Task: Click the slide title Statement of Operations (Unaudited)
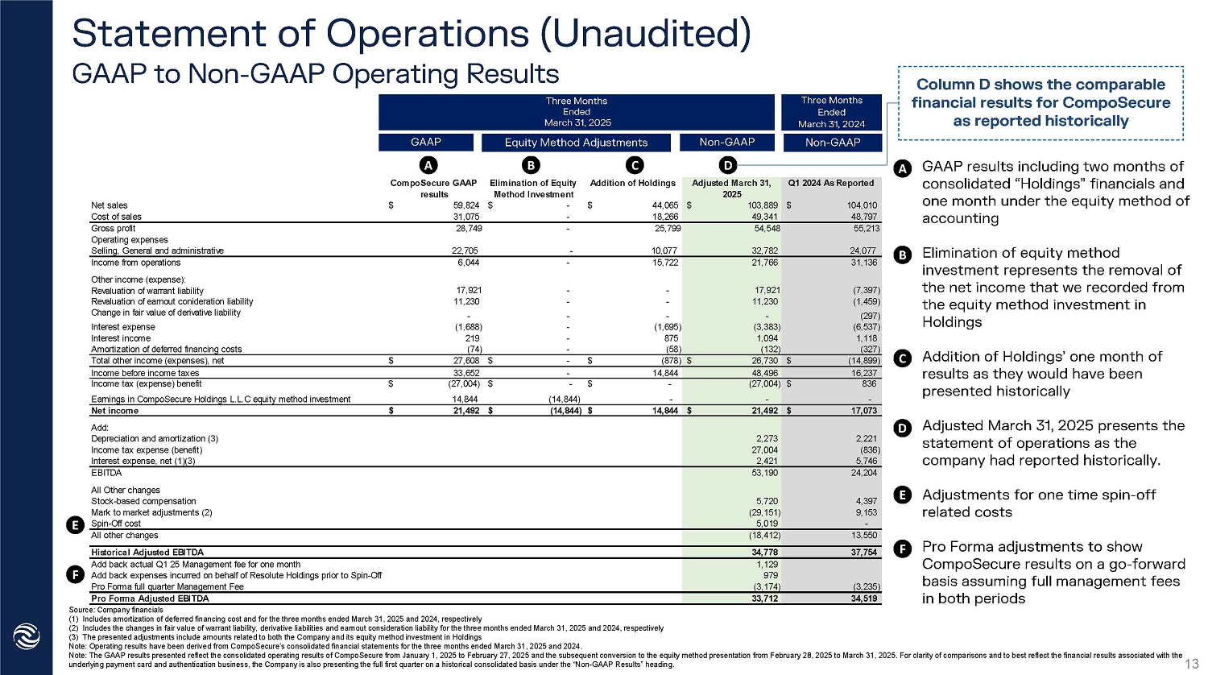pos(412,34)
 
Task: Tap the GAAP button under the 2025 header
pos(425,142)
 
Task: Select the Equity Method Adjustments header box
pos(576,143)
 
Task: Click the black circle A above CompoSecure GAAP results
pos(428,165)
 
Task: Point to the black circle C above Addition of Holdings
pos(635,165)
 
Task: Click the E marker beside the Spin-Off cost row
pos(74,525)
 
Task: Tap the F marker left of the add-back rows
pos(74,574)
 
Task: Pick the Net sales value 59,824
pos(466,205)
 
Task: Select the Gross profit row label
pos(114,228)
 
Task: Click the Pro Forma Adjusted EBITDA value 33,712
pos(764,598)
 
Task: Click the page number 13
pos(1193,663)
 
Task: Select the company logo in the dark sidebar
pos(27,637)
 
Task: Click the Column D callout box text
pos(1040,102)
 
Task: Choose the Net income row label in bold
pos(115,411)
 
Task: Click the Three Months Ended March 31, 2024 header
pos(831,112)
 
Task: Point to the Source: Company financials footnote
pos(116,610)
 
